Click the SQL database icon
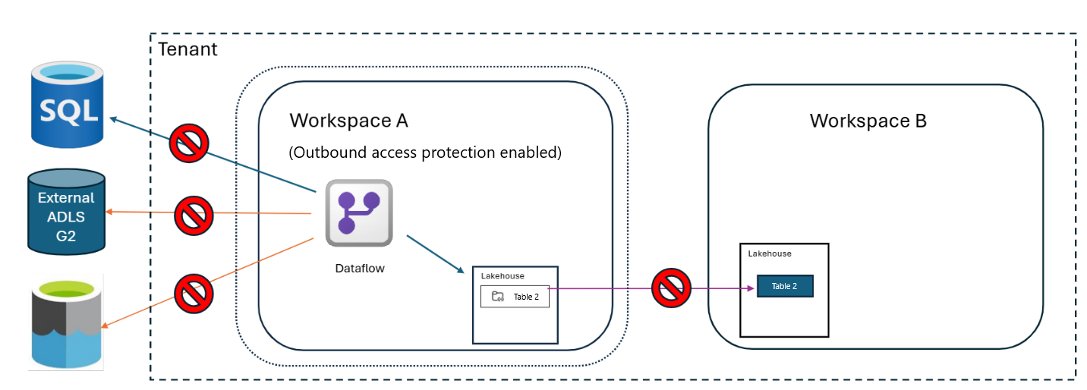point(67,104)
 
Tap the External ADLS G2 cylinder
point(67,212)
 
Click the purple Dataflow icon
point(359,213)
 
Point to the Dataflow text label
point(360,269)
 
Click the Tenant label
point(187,49)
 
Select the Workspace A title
point(349,121)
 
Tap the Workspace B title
point(868,121)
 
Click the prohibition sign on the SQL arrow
point(189,143)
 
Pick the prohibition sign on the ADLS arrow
point(194,215)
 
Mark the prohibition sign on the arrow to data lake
point(194,294)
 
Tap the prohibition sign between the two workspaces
point(671,288)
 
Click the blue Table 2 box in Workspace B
point(785,286)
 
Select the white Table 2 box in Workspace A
point(515,297)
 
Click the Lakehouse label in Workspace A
point(503,276)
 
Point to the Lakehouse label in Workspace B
point(770,253)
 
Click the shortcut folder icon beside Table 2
point(498,296)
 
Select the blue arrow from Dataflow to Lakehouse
point(435,254)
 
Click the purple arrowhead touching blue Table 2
point(751,288)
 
